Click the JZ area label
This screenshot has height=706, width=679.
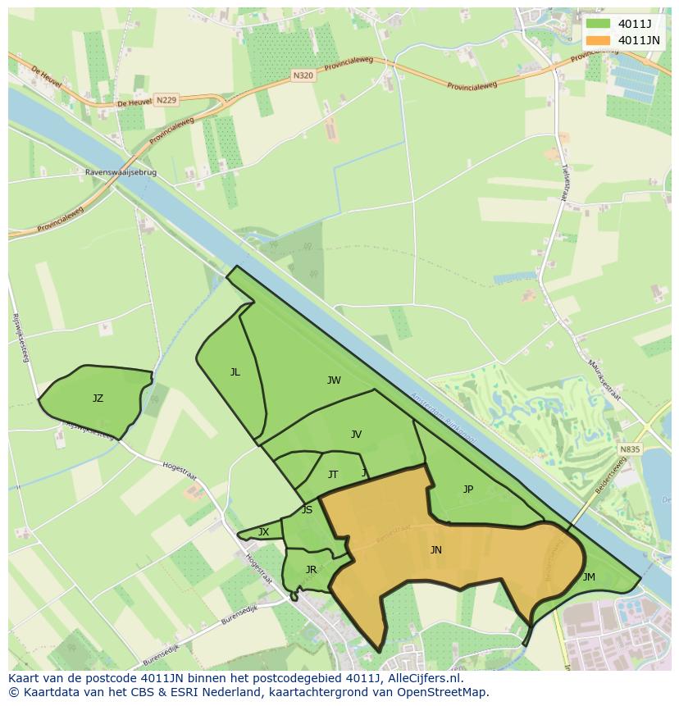pos(98,399)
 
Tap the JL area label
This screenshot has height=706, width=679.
pos(235,372)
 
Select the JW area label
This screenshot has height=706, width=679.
pos(334,380)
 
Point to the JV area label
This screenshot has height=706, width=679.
pos(356,435)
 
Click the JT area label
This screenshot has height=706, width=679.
pos(333,475)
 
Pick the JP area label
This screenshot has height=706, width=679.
pos(467,490)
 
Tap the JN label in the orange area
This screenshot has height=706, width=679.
pos(436,550)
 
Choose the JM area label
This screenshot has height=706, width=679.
pos(589,577)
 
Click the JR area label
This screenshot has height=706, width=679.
pos(311,570)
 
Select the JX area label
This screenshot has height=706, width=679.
pos(263,532)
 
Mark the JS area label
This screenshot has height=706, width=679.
pos(307,510)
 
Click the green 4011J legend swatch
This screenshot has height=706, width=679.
pos(598,24)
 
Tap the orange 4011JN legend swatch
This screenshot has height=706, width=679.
pos(598,40)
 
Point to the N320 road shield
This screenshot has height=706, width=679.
pos(303,75)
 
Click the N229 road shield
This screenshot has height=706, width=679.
pos(166,100)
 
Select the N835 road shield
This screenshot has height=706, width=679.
pos(629,449)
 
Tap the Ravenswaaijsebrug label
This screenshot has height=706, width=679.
pos(121,173)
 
